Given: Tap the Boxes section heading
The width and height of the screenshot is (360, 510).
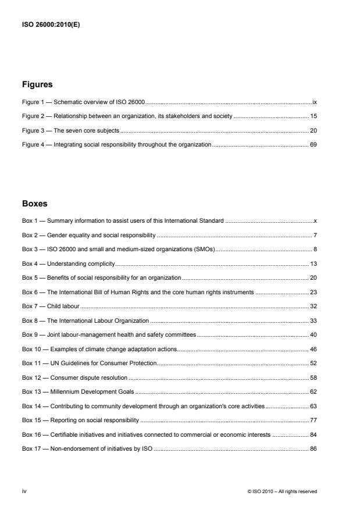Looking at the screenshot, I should (35, 204).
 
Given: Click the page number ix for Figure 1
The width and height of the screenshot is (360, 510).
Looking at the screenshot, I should (314, 102).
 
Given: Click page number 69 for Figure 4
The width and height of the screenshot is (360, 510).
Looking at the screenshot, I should (313, 144).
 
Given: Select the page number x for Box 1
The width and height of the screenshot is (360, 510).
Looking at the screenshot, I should (315, 221).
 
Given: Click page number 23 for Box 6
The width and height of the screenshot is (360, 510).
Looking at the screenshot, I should (313, 292).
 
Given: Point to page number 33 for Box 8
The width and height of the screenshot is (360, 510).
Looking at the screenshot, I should (313, 320).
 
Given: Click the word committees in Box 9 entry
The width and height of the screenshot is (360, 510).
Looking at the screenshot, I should (180, 334).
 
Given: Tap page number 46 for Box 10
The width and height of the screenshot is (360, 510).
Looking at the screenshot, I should (313, 348).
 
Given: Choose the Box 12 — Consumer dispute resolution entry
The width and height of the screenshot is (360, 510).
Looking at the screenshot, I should (75, 377).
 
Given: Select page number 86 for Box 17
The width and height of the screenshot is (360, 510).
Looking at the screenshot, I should (313, 448).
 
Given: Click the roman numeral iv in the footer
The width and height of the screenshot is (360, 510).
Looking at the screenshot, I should (24, 491).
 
